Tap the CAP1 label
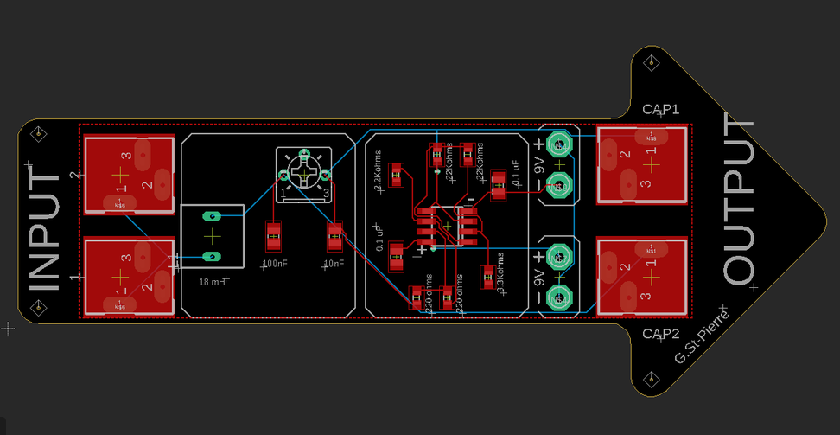click(x=661, y=109)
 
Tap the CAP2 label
click(x=661, y=334)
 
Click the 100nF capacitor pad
click(x=274, y=233)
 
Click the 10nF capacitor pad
click(x=334, y=234)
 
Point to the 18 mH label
click(x=212, y=282)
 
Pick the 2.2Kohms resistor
click(x=397, y=175)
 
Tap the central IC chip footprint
click(x=447, y=228)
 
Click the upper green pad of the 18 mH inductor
click(x=212, y=215)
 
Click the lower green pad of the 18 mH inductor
click(x=212, y=256)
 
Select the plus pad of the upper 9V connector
click(x=559, y=144)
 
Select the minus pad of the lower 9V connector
click(x=559, y=297)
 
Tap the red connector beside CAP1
click(x=643, y=164)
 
